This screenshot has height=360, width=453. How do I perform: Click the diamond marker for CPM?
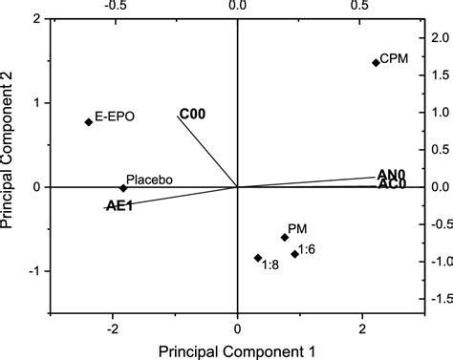point(376,63)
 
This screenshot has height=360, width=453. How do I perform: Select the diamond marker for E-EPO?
point(89,121)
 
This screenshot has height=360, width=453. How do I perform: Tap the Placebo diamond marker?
point(123,187)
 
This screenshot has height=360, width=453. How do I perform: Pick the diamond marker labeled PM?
point(285,237)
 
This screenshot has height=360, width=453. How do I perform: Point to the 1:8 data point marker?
point(258,258)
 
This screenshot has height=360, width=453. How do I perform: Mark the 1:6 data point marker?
point(295,254)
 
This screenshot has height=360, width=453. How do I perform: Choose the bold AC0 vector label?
point(392,184)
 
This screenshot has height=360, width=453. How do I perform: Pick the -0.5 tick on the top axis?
point(112,7)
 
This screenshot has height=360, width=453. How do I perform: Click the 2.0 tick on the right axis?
point(439,37)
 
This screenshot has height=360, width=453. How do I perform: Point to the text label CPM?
point(394,59)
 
